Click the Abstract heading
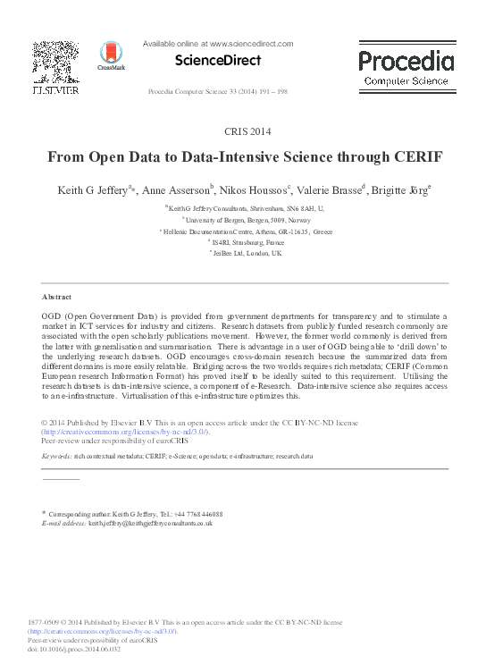click(58, 295)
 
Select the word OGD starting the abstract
click(53, 316)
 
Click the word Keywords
click(57, 456)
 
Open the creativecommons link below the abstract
click(125, 431)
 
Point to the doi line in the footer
click(73, 650)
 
